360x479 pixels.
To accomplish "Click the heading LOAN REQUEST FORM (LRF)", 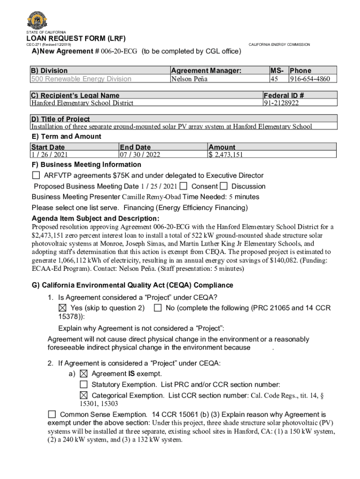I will tap(76, 38).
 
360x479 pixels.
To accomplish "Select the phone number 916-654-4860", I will tap(312, 79).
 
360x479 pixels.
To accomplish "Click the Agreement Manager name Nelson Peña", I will tap(189, 79).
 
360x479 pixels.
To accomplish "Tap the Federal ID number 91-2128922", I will tap(281, 103).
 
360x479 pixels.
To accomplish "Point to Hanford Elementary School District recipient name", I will tap(82, 103).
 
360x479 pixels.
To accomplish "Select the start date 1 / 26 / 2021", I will tap(49, 155).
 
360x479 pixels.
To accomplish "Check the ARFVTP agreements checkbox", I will tap(36, 175).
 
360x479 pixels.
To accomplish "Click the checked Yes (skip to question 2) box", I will tap(62, 308).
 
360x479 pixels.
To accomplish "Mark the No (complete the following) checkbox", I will tap(158, 308).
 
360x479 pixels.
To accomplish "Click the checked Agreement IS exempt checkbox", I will tap(84, 374).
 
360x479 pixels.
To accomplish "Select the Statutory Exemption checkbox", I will tap(84, 385).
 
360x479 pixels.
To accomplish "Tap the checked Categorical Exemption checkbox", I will tap(84, 395).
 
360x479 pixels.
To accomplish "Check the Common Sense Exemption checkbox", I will tap(52, 414).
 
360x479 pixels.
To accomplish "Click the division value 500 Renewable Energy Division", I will tap(81, 79).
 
